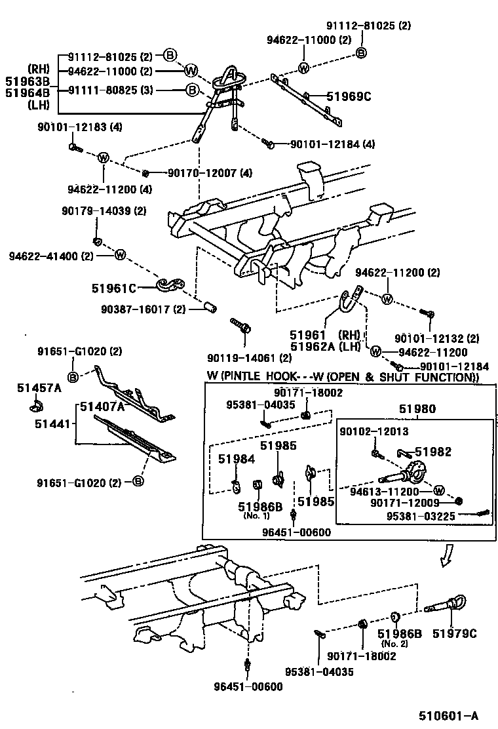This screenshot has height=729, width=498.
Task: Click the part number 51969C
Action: pyautogui.click(x=349, y=97)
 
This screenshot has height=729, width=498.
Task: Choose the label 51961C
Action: pyautogui.click(x=113, y=287)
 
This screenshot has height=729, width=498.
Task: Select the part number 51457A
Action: pyautogui.click(x=39, y=388)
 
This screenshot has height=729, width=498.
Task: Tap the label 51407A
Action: pyautogui.click(x=102, y=406)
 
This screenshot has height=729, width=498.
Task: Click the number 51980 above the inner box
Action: pyautogui.click(x=417, y=409)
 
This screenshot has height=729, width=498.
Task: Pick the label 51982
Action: pyautogui.click(x=433, y=452)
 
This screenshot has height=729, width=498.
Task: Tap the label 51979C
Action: pyautogui.click(x=454, y=633)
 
